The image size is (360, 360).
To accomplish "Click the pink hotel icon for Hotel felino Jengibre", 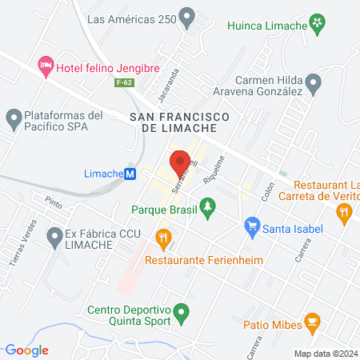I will (x=46, y=65).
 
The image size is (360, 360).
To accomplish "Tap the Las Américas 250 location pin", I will (x=187, y=16).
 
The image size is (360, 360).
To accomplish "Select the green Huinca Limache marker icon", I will (x=318, y=23).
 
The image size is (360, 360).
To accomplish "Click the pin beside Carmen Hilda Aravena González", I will (x=314, y=82).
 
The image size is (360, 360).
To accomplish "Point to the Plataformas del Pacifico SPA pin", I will (x=14, y=120).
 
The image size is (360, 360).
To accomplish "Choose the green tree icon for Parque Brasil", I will (x=208, y=209).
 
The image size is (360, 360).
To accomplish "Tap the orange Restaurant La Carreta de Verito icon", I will (x=344, y=211).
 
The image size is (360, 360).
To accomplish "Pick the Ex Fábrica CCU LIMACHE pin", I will (x=54, y=237).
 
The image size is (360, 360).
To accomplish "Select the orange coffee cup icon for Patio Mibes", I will (x=311, y=323).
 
